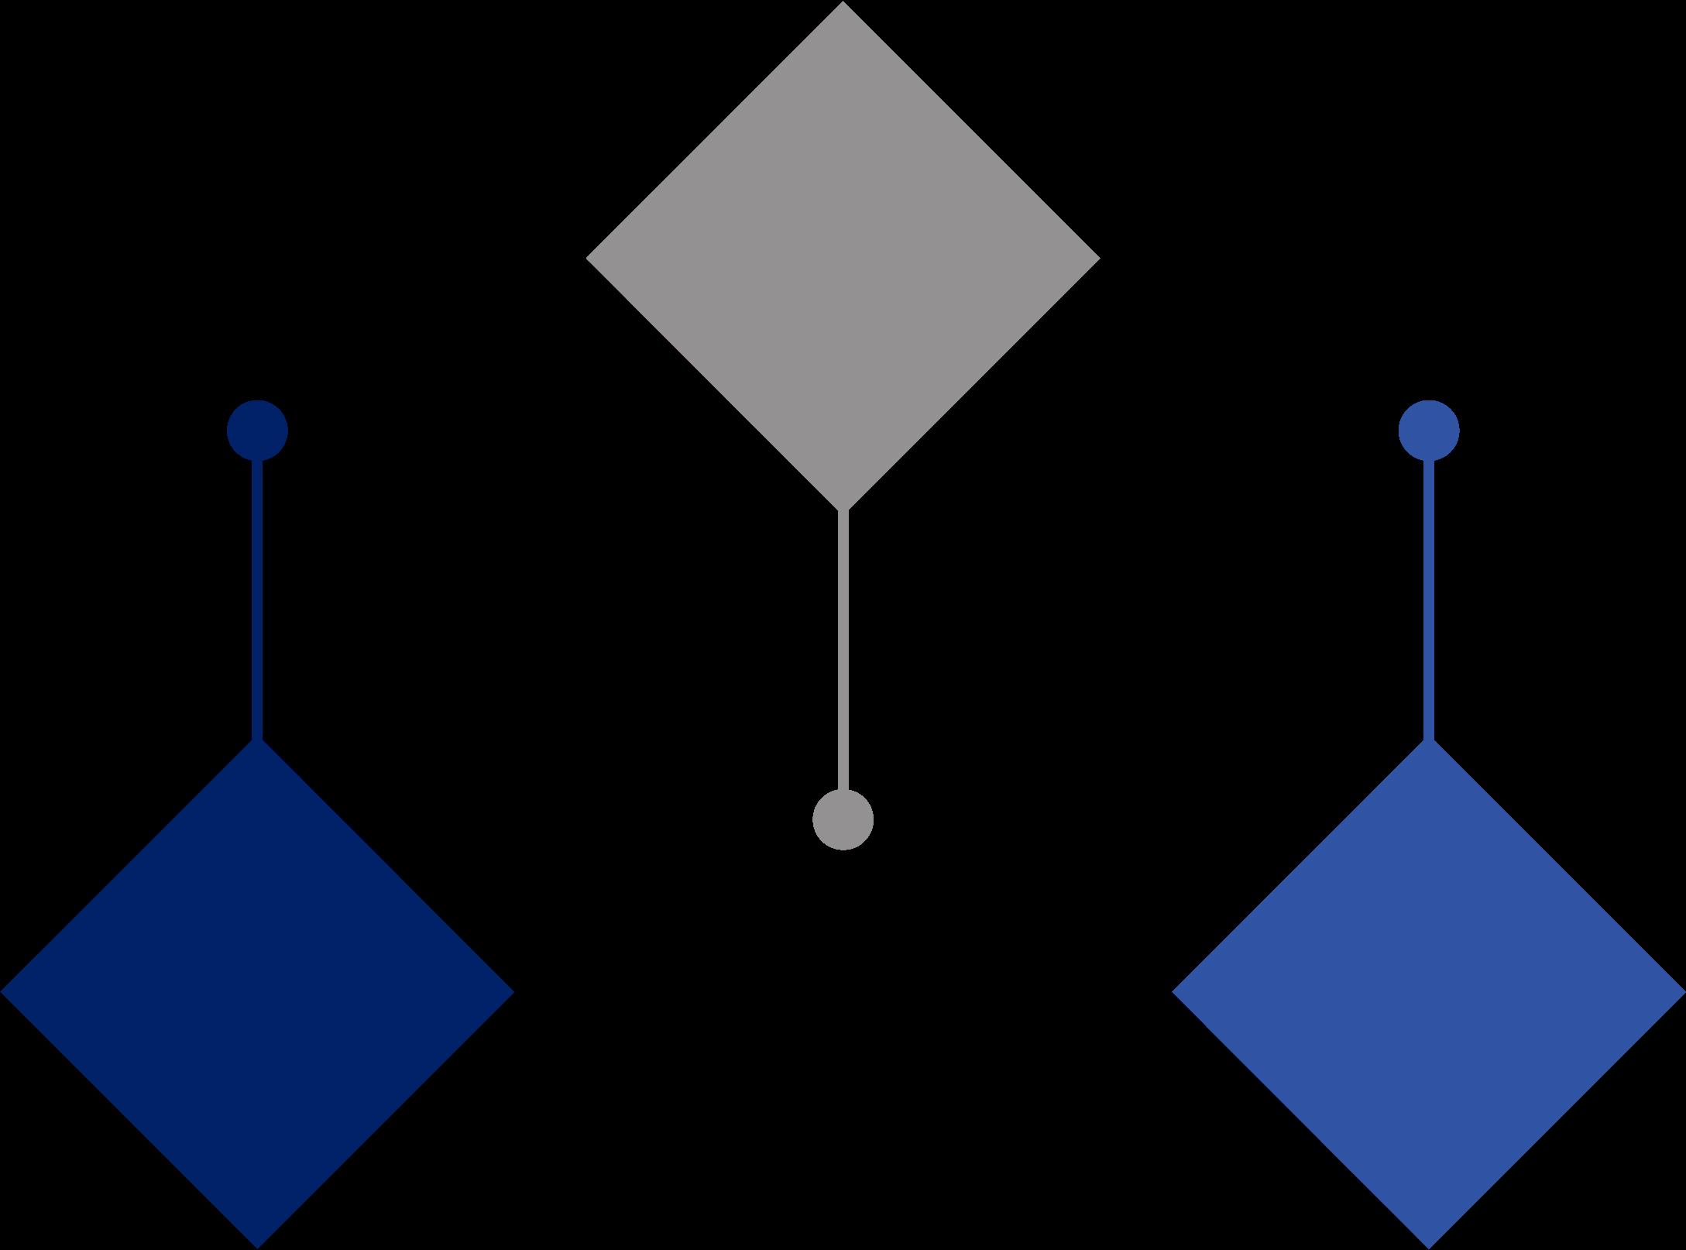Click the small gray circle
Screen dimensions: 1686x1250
click(x=843, y=819)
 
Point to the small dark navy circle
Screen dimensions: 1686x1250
click(x=257, y=430)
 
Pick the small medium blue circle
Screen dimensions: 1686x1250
click(x=1429, y=430)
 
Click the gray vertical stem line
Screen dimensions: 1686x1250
click(x=843, y=651)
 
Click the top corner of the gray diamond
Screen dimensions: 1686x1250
click(x=843, y=4)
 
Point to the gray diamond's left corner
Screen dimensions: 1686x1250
click(x=589, y=258)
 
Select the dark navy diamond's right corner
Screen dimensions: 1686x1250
click(x=511, y=992)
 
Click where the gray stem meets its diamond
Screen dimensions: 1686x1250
click(x=843, y=510)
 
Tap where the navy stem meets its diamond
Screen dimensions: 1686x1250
click(x=257, y=740)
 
